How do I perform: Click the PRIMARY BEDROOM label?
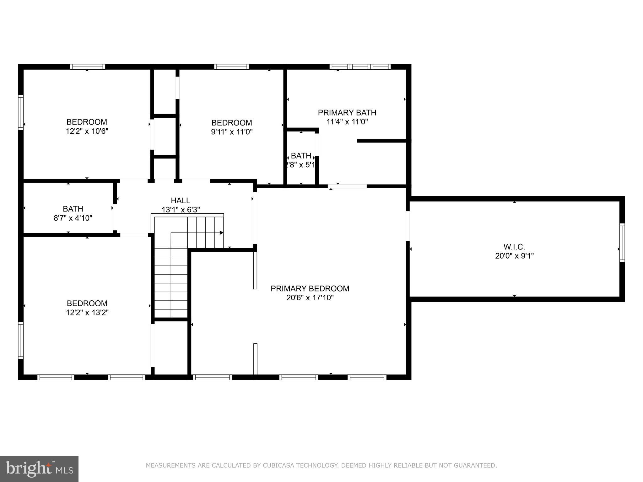coord(310,288)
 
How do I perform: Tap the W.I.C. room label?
coord(514,247)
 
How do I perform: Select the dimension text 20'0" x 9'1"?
coord(514,256)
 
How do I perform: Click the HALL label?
coord(181,200)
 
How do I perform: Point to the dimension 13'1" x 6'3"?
coord(181,210)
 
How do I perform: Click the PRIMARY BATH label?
coord(347,112)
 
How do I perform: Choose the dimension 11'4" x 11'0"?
coord(347,122)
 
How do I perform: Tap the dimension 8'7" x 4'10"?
coord(73,218)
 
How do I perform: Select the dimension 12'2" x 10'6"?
coord(87,131)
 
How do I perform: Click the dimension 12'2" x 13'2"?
coord(87,313)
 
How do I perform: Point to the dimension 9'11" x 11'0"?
coord(232,132)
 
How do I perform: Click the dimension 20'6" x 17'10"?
coord(310,297)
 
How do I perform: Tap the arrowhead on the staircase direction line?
coord(221,233)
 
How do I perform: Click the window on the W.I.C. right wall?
coord(622,243)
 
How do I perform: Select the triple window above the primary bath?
coord(360,67)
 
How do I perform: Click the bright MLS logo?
coord(39,469)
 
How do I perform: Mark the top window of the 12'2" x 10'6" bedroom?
coord(88,67)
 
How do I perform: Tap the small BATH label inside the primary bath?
coord(301,156)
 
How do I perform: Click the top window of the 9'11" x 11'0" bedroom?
coord(232,67)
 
